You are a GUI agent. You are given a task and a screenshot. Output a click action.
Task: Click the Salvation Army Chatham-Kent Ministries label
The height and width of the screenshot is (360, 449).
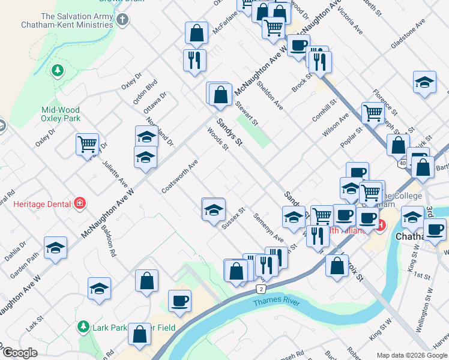67,20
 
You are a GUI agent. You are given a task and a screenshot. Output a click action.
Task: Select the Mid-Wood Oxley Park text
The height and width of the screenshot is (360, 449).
61,114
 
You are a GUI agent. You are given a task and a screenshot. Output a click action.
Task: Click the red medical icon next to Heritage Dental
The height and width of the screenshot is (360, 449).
79,204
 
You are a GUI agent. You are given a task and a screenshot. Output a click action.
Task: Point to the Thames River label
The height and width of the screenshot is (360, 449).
276,302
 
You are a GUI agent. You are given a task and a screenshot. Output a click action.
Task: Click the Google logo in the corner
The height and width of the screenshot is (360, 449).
20,353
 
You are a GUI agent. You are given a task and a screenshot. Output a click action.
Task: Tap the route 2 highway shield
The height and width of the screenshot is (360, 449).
261,289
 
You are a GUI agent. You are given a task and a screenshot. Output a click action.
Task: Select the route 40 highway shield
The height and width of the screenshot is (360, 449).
401,163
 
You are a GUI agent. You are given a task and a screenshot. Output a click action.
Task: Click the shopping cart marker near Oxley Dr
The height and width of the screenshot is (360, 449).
88,144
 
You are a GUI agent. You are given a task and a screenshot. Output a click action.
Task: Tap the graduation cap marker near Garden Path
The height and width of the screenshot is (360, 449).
55,247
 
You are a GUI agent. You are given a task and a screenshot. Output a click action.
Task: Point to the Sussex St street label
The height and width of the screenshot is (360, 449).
234,218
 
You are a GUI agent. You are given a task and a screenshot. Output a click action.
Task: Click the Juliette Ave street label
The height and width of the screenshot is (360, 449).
114,173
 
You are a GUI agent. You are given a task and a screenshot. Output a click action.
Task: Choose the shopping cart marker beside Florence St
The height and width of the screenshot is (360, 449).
373,112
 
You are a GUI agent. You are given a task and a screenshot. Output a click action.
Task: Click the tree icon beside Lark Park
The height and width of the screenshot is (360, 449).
83,327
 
